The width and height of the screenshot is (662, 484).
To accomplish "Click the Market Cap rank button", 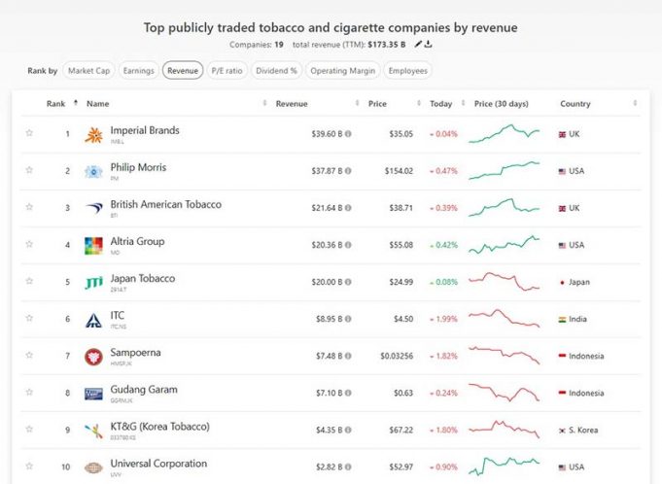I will [88, 71].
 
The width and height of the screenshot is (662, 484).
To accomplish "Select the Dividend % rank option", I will [276, 71].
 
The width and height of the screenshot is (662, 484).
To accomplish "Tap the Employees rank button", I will [406, 71].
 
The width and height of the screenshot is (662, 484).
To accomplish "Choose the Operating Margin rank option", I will [342, 71].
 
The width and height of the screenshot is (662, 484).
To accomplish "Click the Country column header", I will [575, 104].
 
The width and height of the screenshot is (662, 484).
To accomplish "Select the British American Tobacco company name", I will [165, 205].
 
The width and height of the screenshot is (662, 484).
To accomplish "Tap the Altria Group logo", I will [93, 245].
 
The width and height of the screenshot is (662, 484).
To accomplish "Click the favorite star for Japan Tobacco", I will [29, 282].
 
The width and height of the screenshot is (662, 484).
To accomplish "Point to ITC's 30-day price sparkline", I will [503, 319].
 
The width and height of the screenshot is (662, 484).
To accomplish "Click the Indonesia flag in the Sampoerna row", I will [562, 356].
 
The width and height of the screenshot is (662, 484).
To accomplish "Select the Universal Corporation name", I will [158, 464].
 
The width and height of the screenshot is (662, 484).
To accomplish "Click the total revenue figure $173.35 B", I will [387, 45].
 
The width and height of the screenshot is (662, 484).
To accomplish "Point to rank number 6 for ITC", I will [67, 319].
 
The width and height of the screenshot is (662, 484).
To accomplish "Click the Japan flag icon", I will [562, 282].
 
